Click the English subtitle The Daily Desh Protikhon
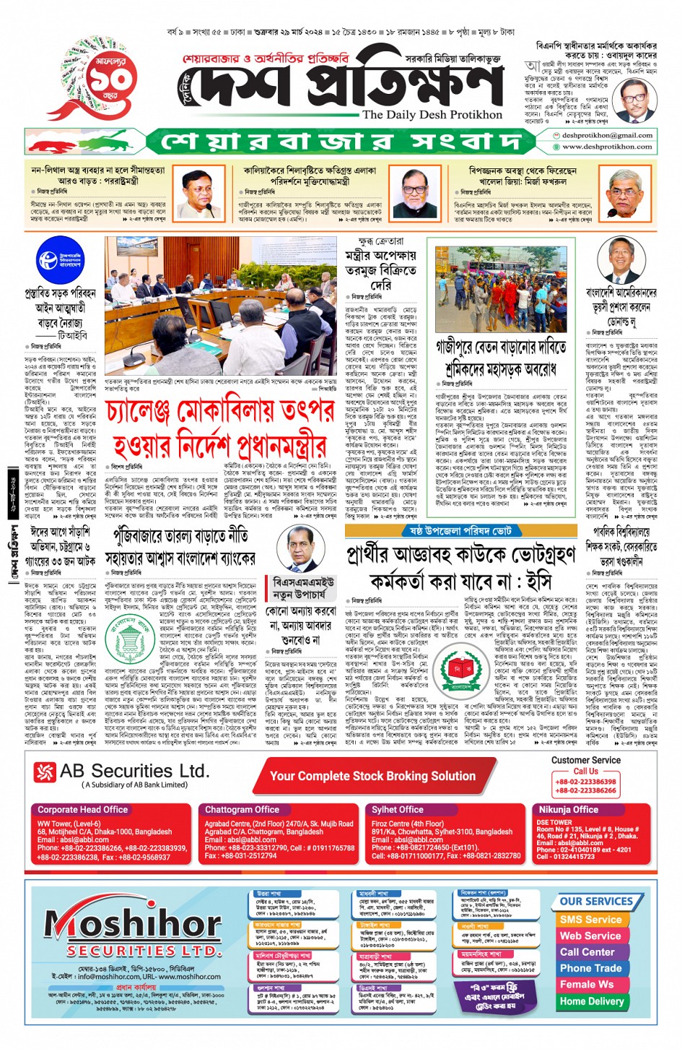click(432, 115)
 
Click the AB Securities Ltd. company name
click(134, 772)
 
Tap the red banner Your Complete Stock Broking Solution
click(372, 776)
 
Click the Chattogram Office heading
click(242, 810)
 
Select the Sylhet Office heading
click(397, 810)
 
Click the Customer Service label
click(585, 760)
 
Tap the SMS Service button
click(590, 920)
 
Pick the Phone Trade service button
click(590, 968)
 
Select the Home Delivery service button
click(591, 1001)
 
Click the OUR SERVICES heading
click(596, 901)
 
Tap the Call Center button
click(587, 952)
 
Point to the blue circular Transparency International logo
click(59, 260)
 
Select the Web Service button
click(590, 936)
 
